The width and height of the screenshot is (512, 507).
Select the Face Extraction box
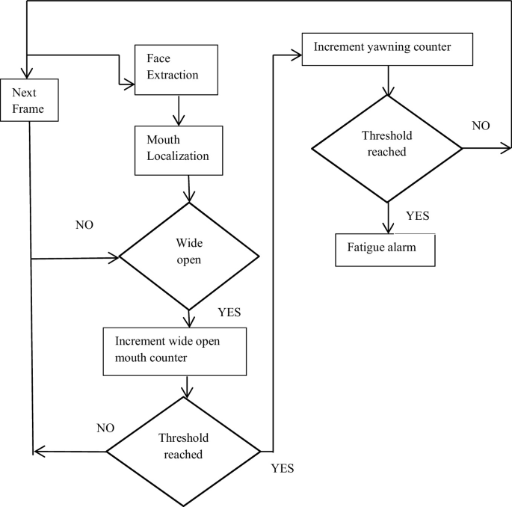point(176,69)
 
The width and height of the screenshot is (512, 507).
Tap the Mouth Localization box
point(179,149)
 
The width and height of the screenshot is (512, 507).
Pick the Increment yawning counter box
point(388,48)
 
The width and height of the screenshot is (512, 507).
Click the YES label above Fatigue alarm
point(417,216)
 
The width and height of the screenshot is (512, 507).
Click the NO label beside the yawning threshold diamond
point(481,126)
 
